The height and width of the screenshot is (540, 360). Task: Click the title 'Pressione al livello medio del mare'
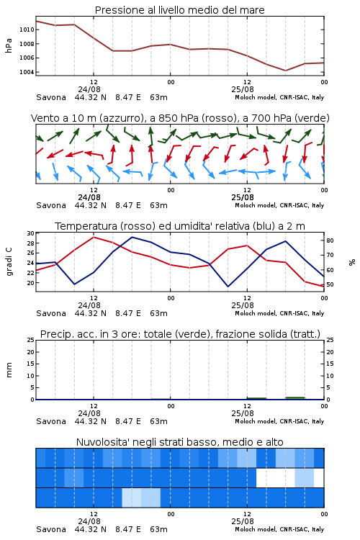(x=179, y=10)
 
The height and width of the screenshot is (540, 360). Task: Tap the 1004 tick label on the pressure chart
(x=27, y=72)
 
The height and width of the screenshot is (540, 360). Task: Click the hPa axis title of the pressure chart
(x=9, y=45)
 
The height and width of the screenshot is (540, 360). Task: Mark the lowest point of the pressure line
(x=285, y=71)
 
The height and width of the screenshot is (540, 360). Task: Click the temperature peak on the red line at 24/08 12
(x=94, y=237)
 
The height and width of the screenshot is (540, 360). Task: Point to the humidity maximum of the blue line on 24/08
(x=132, y=237)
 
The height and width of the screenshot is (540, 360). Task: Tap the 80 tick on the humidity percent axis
(x=330, y=240)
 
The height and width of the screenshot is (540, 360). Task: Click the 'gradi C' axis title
(x=9, y=262)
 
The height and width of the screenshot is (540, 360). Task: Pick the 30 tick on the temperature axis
(x=31, y=233)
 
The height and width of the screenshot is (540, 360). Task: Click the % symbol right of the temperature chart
(x=352, y=262)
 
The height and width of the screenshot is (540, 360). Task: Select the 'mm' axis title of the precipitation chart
(x=9, y=370)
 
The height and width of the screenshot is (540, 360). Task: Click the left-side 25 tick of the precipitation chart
(x=31, y=340)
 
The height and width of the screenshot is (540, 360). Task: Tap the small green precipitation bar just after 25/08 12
(x=256, y=398)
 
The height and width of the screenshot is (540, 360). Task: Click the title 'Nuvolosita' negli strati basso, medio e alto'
(x=179, y=442)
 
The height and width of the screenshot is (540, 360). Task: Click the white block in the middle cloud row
(x=276, y=477)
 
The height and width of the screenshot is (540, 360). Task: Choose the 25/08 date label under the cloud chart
(x=243, y=521)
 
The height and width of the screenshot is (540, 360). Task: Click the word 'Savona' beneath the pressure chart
(x=51, y=97)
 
